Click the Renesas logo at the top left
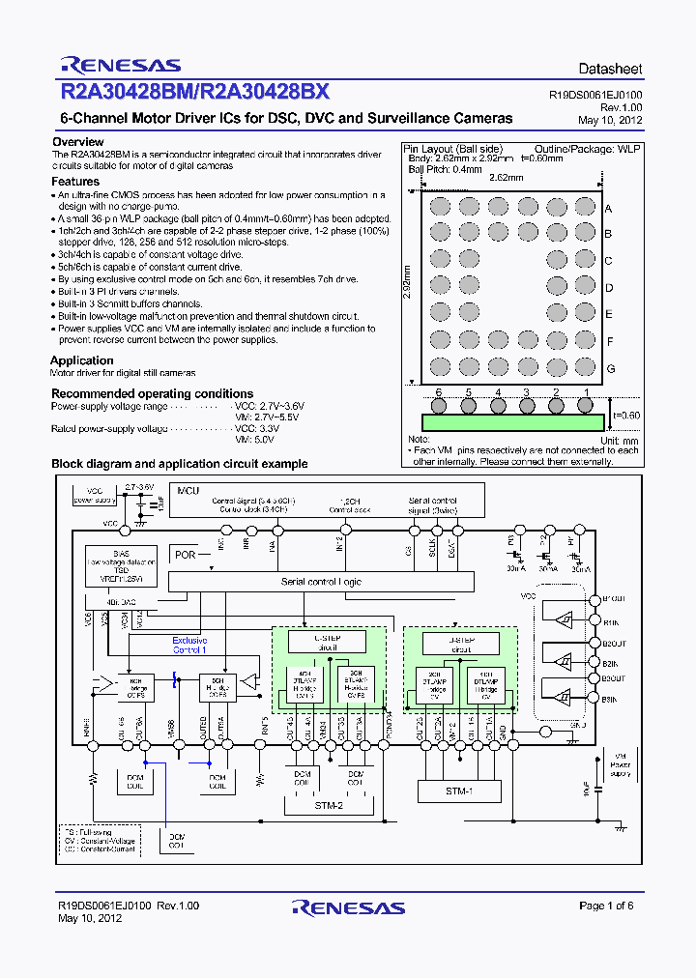click(120, 66)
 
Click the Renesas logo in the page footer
click(348, 907)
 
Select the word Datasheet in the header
click(609, 70)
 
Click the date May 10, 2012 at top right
click(610, 120)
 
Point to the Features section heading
click(75, 181)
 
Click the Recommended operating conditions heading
click(152, 393)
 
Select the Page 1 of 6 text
click(606, 906)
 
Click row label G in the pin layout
click(610, 369)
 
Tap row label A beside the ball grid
click(609, 209)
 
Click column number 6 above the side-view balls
click(438, 392)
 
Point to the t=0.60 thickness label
click(626, 416)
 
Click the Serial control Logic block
click(321, 582)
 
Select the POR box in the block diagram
click(185, 555)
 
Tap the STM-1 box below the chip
click(459, 791)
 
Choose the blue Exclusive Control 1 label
click(188, 645)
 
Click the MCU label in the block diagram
click(188, 490)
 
